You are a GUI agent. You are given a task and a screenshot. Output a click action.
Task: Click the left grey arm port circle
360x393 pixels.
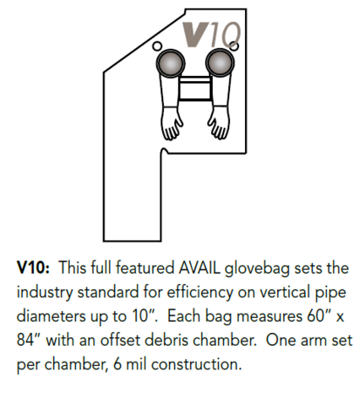[170, 63]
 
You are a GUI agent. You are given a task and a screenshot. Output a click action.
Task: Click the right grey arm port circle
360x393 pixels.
[220, 63]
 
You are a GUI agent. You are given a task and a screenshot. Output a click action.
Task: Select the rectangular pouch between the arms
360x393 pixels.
[195, 88]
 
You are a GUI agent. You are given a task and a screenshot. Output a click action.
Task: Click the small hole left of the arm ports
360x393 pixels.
[157, 46]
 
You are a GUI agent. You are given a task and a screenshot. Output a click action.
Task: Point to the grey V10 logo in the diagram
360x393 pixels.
[211, 35]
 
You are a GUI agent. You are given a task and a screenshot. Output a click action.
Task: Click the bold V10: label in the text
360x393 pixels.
[33, 268]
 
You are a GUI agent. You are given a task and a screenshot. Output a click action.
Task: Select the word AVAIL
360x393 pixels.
[199, 268]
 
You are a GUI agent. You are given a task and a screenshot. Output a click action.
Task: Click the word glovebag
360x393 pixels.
[258, 269]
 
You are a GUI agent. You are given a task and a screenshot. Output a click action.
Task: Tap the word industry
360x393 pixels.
[45, 293]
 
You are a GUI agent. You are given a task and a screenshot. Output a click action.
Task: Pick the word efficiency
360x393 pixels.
[200, 293]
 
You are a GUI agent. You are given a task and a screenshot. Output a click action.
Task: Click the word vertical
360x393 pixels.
[285, 292]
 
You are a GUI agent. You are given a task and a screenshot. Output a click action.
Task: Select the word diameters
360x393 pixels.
[52, 316]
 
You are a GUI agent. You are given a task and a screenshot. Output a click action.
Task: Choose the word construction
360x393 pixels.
[197, 365]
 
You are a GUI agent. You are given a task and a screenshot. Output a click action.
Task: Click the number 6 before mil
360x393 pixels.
[117, 365]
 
